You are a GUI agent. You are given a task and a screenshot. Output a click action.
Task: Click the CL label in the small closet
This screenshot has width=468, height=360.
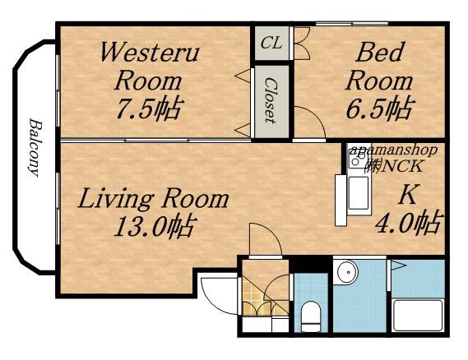pos(271,44)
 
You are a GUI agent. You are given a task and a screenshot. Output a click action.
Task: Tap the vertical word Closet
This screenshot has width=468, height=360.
pos(271,100)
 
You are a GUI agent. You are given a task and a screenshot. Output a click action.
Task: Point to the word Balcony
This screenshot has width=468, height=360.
pos(35,148)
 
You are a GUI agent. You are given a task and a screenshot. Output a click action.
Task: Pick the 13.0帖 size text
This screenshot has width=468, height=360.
pos(155,226)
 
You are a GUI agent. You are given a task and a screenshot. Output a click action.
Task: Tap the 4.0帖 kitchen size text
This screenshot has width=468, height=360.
pos(407,222)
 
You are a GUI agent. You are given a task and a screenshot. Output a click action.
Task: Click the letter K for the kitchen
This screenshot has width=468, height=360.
pos(408,195)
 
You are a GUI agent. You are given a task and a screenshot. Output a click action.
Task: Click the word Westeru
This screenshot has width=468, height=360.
pos(151,53)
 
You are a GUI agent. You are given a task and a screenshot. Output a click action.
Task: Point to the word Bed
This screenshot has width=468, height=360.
pos(379,53)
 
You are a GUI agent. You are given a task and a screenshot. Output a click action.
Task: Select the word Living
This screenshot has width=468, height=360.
pos(116,199)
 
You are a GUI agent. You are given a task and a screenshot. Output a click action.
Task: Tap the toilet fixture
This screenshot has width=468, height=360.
pos(310,316)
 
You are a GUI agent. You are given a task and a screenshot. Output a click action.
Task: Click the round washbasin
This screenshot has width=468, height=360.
pos(347,272)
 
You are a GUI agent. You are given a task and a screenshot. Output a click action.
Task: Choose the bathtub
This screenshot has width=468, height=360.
pos(418,315)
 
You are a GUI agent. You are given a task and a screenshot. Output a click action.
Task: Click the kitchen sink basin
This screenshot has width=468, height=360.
pos(359,193)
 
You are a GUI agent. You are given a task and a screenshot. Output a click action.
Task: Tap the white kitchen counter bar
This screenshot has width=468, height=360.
pos(341,200)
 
